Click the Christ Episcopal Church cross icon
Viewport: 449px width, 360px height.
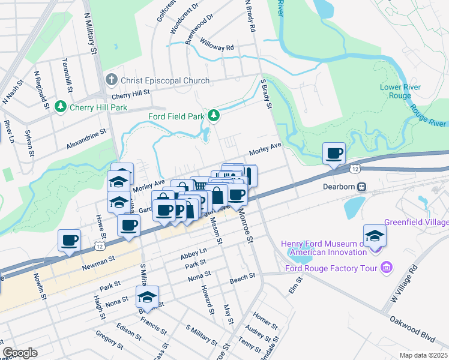coord(111,80)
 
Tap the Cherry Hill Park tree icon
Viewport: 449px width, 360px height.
coord(60,107)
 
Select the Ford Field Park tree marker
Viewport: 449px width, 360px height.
coord(213,116)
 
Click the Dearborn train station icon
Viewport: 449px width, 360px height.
coord(361,187)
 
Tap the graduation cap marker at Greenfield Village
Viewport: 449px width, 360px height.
coord(375,235)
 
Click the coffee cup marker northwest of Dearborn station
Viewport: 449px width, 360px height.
coord(334,153)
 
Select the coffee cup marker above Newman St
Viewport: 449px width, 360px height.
coord(69,240)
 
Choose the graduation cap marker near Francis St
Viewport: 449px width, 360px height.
coord(147,297)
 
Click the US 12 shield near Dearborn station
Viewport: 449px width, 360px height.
coord(356,170)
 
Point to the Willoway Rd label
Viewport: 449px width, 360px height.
coord(217,47)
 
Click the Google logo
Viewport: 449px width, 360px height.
coord(20,353)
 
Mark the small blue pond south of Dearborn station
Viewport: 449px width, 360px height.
coord(354,207)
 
